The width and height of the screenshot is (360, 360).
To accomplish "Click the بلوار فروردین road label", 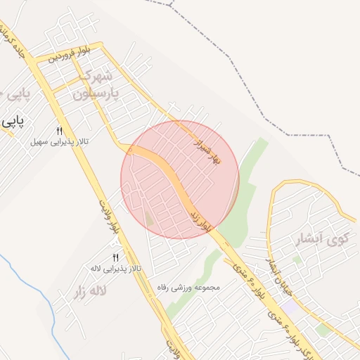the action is pos(70,53).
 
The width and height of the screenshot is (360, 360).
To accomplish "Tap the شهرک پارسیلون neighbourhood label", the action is pos(102,83).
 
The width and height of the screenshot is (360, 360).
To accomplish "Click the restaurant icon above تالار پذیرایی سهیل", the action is pos(59,131).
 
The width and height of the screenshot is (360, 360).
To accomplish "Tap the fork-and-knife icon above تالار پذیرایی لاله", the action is pos(115,257).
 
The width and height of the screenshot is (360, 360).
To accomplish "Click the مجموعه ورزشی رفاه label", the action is pos(191,287).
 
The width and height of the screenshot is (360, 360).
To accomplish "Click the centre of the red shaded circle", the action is pos(180,180).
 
